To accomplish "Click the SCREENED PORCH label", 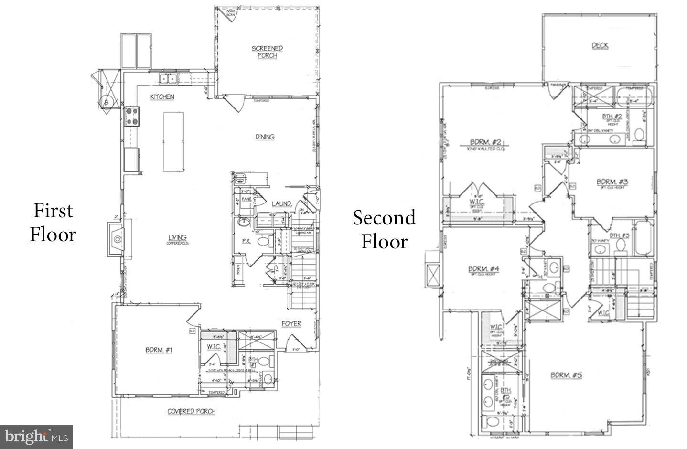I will click(x=267, y=52).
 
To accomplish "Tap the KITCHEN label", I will click(x=162, y=97).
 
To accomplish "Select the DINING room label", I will click(x=265, y=137).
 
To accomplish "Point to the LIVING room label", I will click(x=177, y=238).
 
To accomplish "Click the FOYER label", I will click(x=291, y=324).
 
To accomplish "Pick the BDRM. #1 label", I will click(x=159, y=350).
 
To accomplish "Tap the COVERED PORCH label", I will click(x=191, y=411).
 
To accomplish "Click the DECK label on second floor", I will click(x=600, y=46).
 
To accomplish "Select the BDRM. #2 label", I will click(x=485, y=142).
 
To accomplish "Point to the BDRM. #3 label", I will click(x=612, y=182).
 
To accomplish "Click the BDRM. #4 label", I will click(x=483, y=269).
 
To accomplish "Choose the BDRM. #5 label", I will click(x=566, y=375).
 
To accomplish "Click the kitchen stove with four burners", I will click(x=132, y=116).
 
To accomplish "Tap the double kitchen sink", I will click(x=168, y=79).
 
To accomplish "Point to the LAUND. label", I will click(x=282, y=204).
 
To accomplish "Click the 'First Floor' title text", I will click(x=53, y=223).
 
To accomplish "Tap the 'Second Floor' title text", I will click(x=384, y=230).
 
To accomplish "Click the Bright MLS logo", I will click(x=36, y=437).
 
